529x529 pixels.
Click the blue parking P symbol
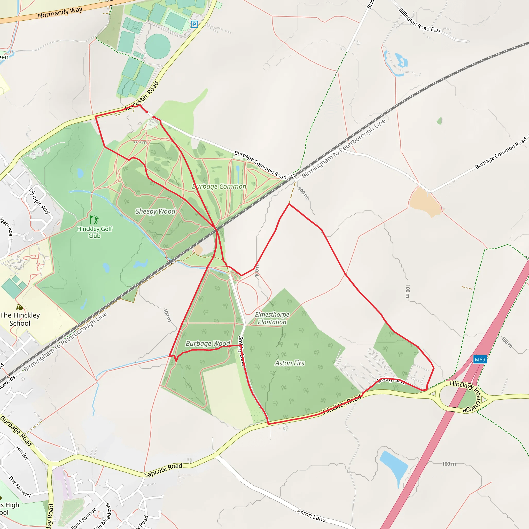pyautogui.click(x=194, y=24)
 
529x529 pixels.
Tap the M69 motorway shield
pyautogui.click(x=480, y=360)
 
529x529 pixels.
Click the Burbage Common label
pyautogui.click(x=219, y=186)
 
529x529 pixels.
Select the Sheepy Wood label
pyautogui.click(x=155, y=211)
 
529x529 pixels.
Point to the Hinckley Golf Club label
pyautogui.click(x=95, y=232)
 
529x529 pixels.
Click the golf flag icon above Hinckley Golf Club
pyautogui.click(x=94, y=220)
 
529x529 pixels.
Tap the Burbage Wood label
pyautogui.click(x=208, y=343)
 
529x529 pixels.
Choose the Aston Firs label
pyautogui.click(x=290, y=363)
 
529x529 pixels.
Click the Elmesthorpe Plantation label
pyautogui.click(x=272, y=318)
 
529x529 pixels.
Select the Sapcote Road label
pyautogui.click(x=163, y=470)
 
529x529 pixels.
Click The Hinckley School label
pyautogui.click(x=20, y=319)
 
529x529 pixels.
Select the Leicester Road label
pyautogui.click(x=142, y=95)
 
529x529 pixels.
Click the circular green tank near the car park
pyautogui.click(x=158, y=46)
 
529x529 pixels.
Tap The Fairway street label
pyautogui.click(x=20, y=487)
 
